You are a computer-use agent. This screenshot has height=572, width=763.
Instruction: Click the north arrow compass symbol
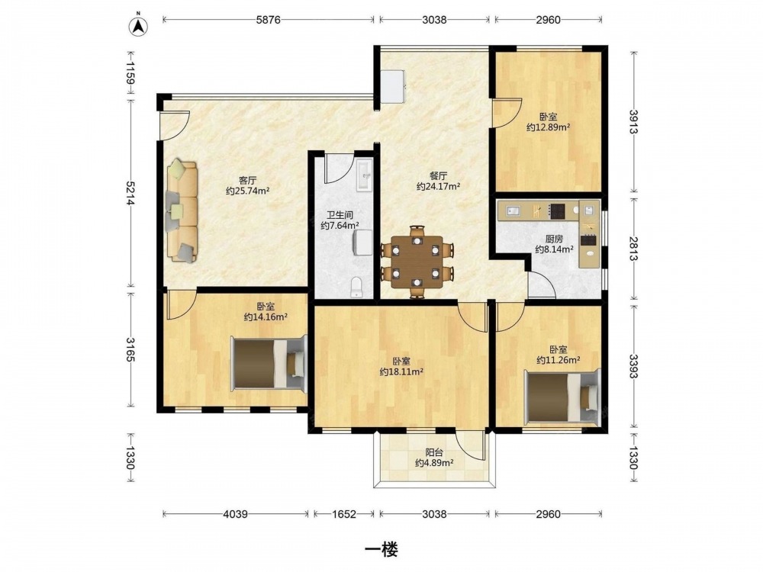pyautogui.click(x=139, y=26)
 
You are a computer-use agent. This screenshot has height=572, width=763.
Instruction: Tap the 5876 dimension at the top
pyautogui.click(x=268, y=20)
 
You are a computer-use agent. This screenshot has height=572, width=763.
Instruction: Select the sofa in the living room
pyautogui.click(x=182, y=211)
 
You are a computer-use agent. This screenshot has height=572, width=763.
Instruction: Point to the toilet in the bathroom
pyautogui.click(x=356, y=287)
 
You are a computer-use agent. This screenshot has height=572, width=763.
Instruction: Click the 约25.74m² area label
pyautogui.click(x=248, y=191)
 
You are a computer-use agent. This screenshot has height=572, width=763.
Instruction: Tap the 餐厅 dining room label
pyautogui.click(x=438, y=176)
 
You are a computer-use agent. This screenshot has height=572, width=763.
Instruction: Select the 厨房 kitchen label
pyautogui.click(x=554, y=239)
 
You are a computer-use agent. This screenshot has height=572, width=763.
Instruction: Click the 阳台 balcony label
pyautogui.click(x=433, y=453)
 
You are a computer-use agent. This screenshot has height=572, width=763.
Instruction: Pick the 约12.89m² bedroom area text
pyautogui.click(x=548, y=127)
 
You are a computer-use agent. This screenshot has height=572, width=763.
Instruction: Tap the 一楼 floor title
pyautogui.click(x=381, y=550)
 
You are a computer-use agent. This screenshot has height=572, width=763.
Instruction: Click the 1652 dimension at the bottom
pyautogui.click(x=344, y=513)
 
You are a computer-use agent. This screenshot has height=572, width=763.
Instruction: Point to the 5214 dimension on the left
pyautogui.click(x=130, y=193)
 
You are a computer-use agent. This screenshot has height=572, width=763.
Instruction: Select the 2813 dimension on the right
pyautogui.click(x=633, y=249)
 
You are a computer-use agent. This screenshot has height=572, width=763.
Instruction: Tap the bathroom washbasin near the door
pyautogui.click(x=365, y=175)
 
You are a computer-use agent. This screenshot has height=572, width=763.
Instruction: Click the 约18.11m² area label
pyautogui.click(x=401, y=372)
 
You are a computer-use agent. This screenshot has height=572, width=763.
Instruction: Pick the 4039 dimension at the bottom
pyautogui.click(x=236, y=513)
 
